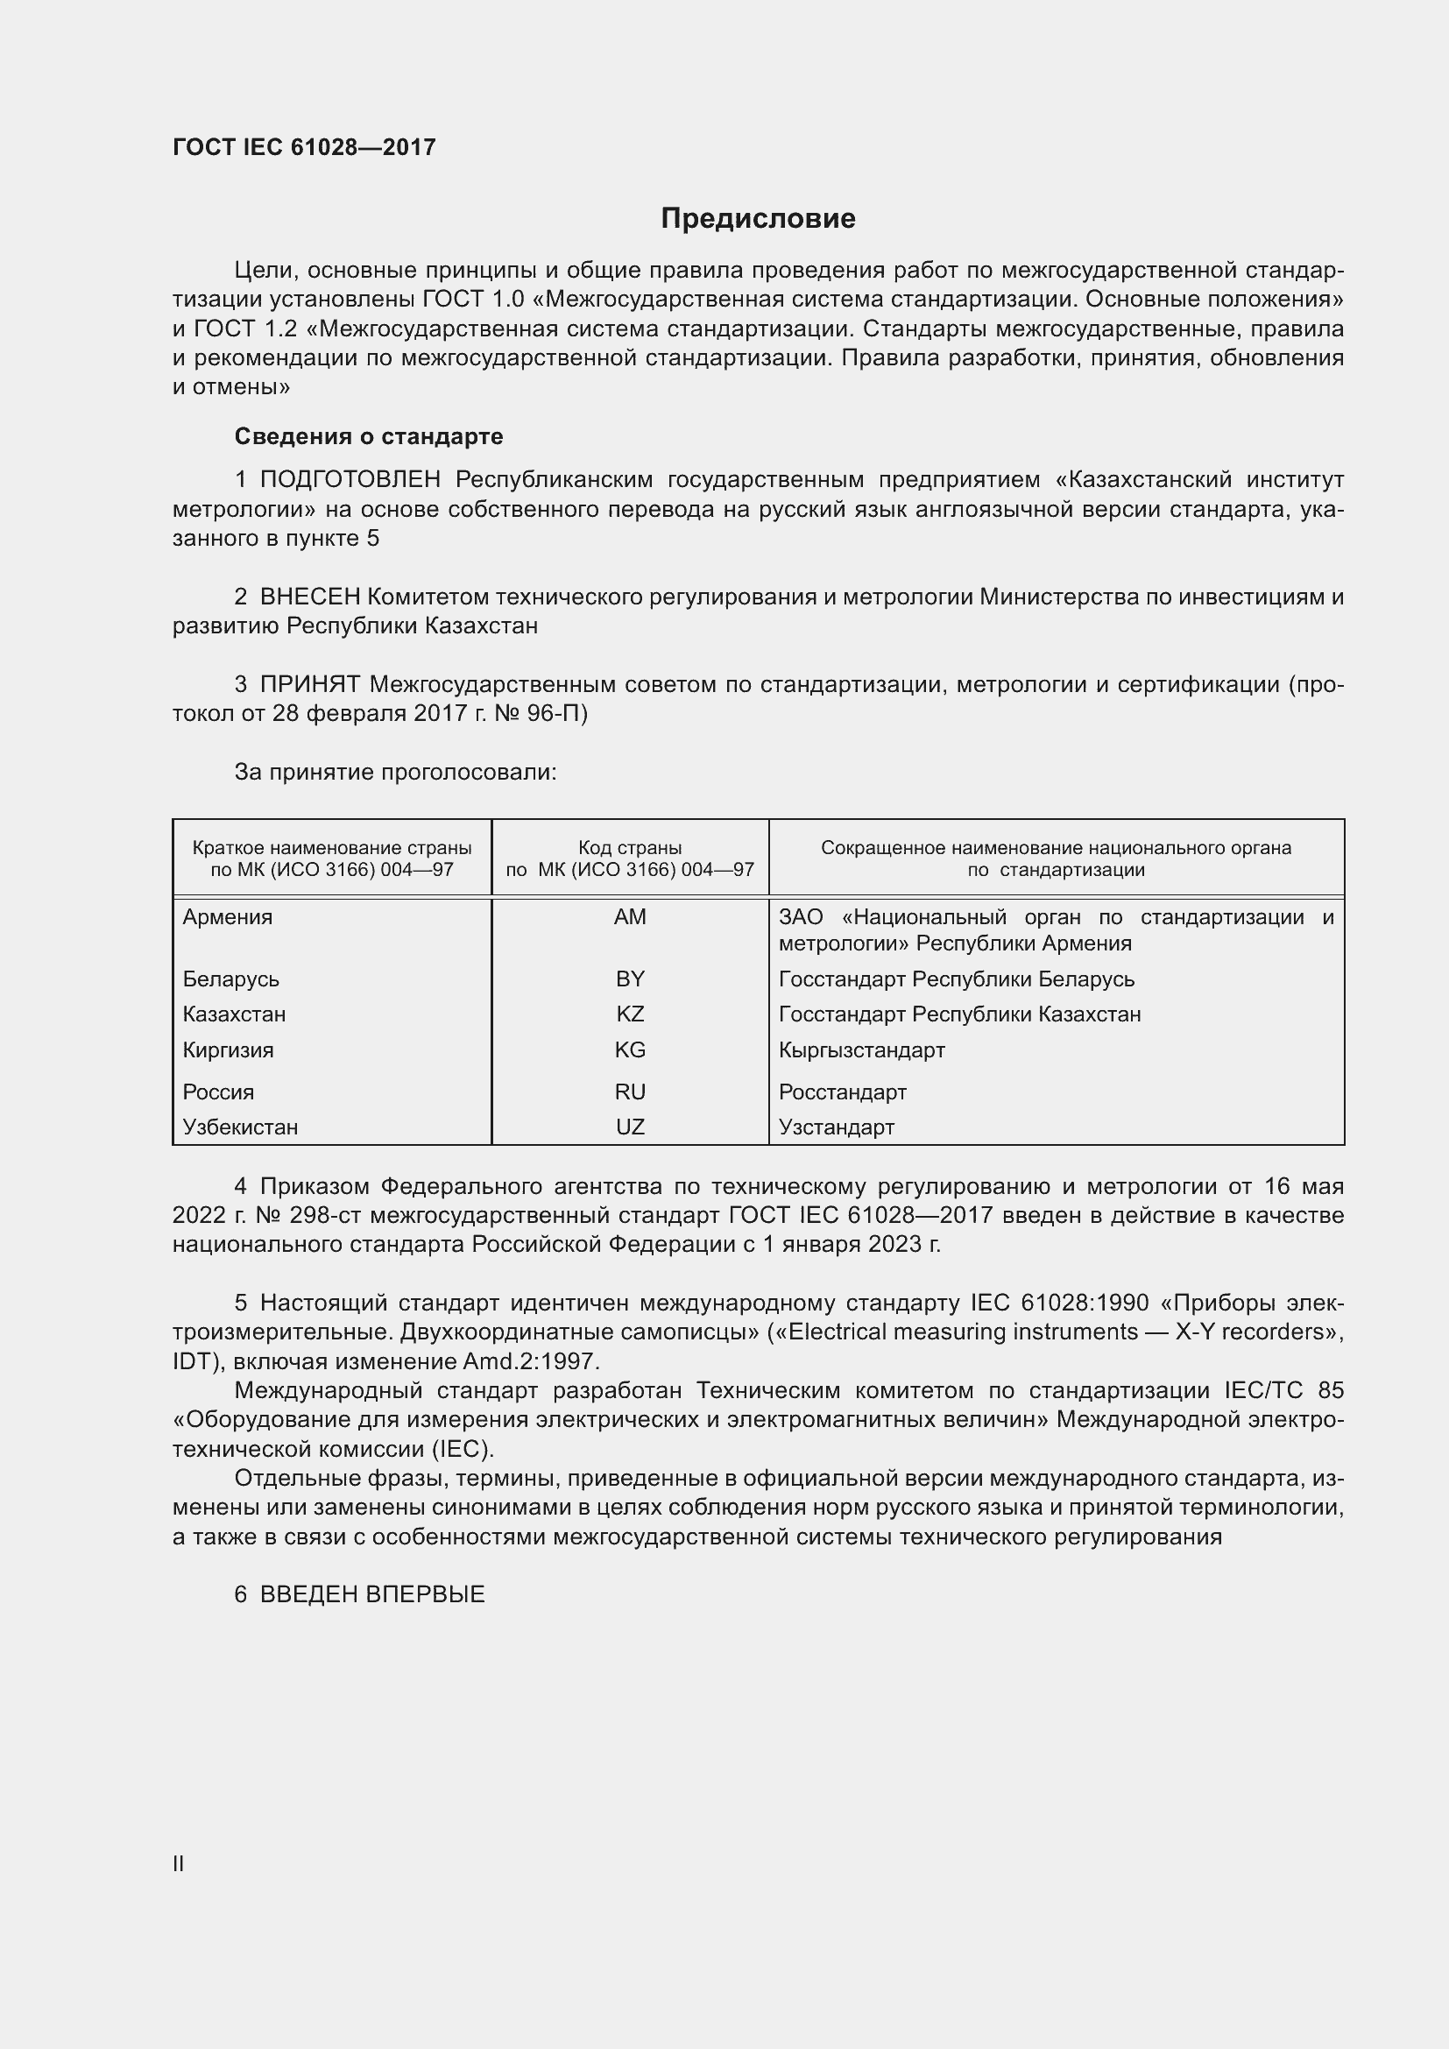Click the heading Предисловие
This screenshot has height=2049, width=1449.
click(x=758, y=219)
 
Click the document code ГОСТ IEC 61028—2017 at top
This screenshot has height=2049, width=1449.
click(x=304, y=147)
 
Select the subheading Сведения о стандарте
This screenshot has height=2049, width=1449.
click(x=369, y=436)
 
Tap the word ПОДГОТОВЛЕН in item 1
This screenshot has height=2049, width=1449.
click(x=350, y=480)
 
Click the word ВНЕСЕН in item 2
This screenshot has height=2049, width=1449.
click(x=309, y=597)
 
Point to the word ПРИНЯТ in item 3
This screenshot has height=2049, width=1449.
click(x=309, y=684)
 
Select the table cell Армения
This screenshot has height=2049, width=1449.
click(x=228, y=917)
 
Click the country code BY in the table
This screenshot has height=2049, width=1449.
click(x=630, y=979)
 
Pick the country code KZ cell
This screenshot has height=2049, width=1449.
click(x=630, y=1014)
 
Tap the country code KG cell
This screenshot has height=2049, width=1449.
click(x=630, y=1049)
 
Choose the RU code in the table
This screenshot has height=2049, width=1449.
click(x=630, y=1092)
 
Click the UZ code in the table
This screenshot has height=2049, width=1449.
click(x=630, y=1127)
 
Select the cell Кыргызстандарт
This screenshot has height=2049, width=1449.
click(x=861, y=1049)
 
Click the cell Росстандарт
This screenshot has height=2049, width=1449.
click(x=842, y=1092)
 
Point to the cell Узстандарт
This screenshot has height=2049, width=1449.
click(x=836, y=1127)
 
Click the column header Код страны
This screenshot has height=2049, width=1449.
click(x=630, y=848)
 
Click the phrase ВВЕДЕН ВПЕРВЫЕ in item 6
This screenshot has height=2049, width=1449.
click(x=372, y=1594)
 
